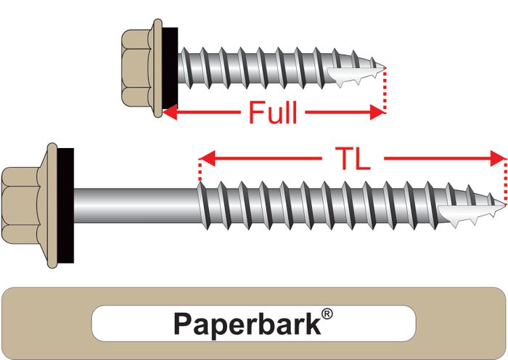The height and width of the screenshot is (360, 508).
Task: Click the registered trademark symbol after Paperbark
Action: pos(328,314)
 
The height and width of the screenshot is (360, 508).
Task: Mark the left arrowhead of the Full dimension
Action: pos(168,112)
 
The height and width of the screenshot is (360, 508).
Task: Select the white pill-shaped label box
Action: pos(253,323)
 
